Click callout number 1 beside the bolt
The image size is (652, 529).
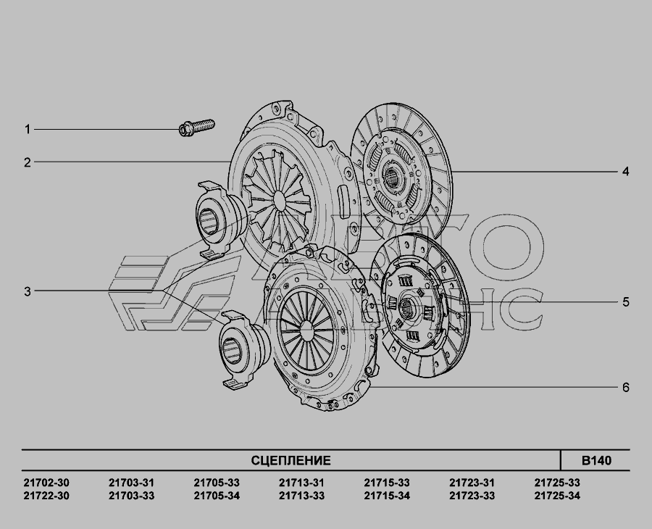click(x=28, y=129)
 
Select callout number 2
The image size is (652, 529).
click(x=28, y=162)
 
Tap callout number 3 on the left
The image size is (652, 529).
click(x=28, y=291)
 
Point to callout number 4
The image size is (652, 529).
click(x=626, y=171)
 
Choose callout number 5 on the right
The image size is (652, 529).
click(x=626, y=302)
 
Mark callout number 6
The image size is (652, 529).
click(x=626, y=388)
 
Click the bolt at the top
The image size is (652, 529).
click(x=196, y=128)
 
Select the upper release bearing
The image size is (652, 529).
click(x=215, y=220)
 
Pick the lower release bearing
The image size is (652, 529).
click(x=239, y=350)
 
